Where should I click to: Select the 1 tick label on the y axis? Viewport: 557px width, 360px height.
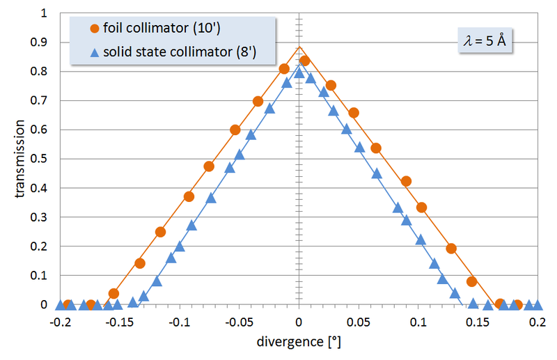tap(45, 14)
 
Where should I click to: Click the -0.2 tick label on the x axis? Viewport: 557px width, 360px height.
tap(60, 323)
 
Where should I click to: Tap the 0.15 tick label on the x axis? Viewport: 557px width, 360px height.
tap(478, 323)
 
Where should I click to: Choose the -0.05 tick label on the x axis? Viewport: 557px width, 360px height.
tap(237, 323)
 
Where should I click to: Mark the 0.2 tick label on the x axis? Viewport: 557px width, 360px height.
tap(537, 323)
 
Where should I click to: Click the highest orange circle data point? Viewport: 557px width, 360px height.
tap(304, 61)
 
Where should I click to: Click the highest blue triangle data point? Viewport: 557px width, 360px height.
tap(299, 72)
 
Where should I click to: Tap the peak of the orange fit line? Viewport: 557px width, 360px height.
tap(299, 47)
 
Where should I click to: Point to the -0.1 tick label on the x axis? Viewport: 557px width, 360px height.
tap(180, 323)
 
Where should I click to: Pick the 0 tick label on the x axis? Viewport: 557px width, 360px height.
tap(299, 323)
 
